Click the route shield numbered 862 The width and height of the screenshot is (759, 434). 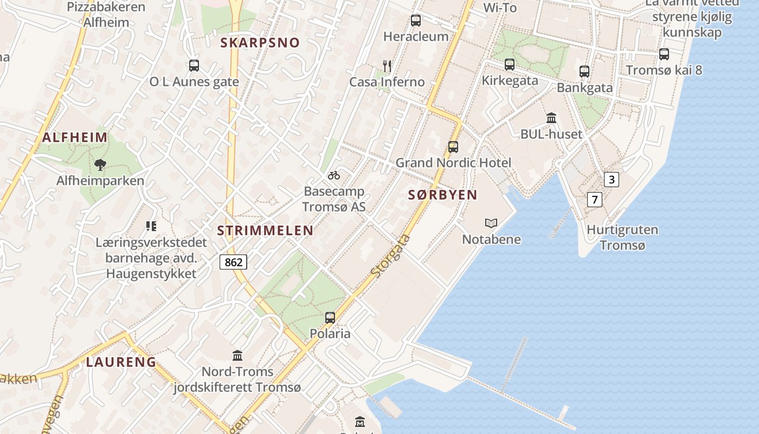tap(233, 263)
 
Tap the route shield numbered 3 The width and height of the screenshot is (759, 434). tap(612, 180)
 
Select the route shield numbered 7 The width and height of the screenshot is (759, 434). tap(595, 200)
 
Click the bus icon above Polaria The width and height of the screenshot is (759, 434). tap(330, 318)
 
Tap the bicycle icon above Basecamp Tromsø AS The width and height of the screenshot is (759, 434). tap(334, 175)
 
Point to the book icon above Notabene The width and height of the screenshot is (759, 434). tap(491, 223)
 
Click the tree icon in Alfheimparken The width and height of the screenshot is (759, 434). tap(100, 164)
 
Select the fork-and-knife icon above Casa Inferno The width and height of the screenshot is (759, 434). tap(387, 66)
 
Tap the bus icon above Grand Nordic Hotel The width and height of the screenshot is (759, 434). tap(453, 146)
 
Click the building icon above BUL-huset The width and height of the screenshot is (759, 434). tap(551, 118)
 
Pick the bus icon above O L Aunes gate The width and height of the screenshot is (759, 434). tap(194, 66)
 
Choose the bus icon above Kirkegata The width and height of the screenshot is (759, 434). tap(510, 65)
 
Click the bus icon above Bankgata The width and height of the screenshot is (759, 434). tap(584, 72)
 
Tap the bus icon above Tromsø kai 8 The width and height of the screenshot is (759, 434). tap(664, 54)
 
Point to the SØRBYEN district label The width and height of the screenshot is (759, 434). tap(443, 195)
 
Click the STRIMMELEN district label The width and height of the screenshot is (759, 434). tap(265, 231)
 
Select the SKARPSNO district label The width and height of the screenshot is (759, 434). tap(260, 43)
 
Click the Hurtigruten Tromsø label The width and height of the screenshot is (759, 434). tap(622, 238)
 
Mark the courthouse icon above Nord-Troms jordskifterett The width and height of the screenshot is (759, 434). tap(237, 356)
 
